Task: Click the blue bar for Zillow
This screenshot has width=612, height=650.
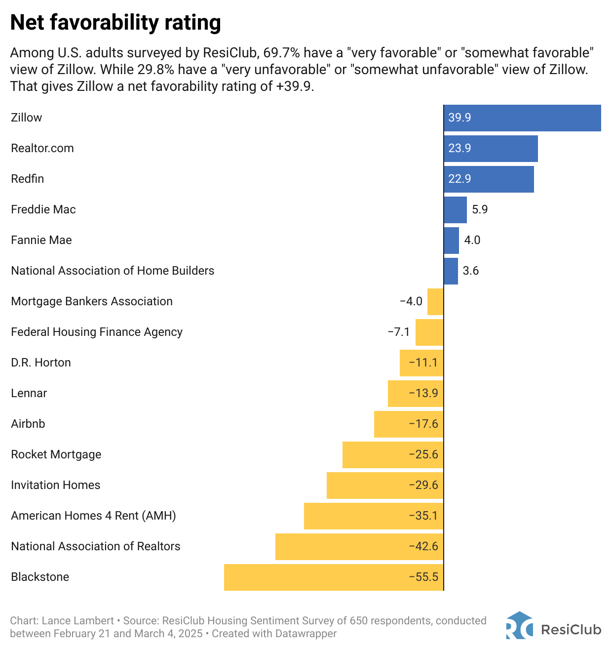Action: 522,118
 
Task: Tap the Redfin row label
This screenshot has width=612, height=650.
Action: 28,179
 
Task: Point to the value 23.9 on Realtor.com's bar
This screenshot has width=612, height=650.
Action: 459,148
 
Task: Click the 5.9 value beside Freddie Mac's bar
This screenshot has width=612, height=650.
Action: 480,209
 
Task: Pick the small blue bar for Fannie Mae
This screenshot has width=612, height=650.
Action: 451,241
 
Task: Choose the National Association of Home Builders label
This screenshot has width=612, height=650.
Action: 113,271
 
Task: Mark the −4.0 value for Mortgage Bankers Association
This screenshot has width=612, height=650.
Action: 411,301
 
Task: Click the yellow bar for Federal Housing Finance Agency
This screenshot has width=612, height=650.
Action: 429,332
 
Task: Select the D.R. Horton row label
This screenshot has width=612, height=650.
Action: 41,363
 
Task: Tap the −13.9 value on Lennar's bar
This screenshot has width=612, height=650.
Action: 423,393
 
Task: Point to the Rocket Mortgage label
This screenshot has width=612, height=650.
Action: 56,454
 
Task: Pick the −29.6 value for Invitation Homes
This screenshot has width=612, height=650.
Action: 423,485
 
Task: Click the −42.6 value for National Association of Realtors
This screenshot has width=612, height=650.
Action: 423,546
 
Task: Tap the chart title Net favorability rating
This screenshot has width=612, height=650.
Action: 115,23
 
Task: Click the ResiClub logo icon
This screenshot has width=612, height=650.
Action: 519,626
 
